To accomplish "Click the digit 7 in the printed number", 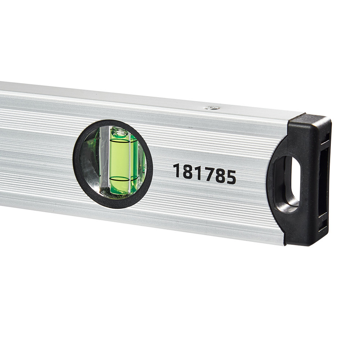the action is click(206, 174).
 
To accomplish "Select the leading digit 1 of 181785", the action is click(176, 170).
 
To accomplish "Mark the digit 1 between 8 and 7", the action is click(197, 173).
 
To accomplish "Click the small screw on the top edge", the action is click(212, 108).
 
